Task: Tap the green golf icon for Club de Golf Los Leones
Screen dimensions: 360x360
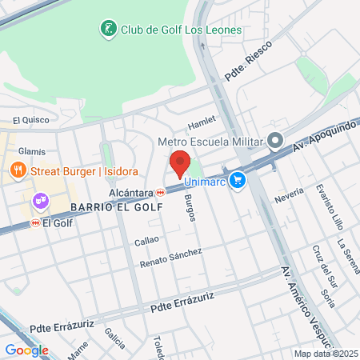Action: [x=108, y=30]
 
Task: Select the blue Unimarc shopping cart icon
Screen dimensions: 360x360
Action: [x=236, y=181]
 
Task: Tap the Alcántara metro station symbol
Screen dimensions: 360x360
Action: [x=161, y=193]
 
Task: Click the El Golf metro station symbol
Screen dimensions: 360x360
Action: [x=34, y=223]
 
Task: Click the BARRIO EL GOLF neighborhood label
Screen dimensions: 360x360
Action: [x=116, y=207]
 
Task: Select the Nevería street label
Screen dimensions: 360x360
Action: [x=288, y=196]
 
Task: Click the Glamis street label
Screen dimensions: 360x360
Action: [x=32, y=150]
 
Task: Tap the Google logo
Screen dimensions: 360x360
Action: [x=26, y=350]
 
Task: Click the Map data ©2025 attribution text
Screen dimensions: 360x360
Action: [x=325, y=354]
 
